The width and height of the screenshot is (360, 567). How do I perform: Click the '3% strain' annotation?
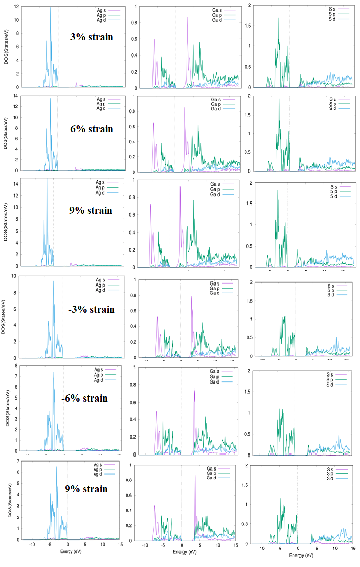click(91, 37)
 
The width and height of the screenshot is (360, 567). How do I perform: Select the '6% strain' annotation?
click(91, 129)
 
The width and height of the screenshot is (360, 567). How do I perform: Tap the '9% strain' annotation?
click(90, 210)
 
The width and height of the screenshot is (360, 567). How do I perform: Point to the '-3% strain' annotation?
click(91, 309)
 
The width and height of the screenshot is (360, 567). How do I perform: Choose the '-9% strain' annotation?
click(84, 489)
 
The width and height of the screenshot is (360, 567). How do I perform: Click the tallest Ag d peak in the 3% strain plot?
click(50, 8)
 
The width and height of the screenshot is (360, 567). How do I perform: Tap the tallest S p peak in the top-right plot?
click(278, 18)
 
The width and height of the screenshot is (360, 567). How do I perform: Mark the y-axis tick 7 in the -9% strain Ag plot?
click(18, 461)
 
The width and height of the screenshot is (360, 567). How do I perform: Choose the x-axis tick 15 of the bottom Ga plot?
click(236, 545)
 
